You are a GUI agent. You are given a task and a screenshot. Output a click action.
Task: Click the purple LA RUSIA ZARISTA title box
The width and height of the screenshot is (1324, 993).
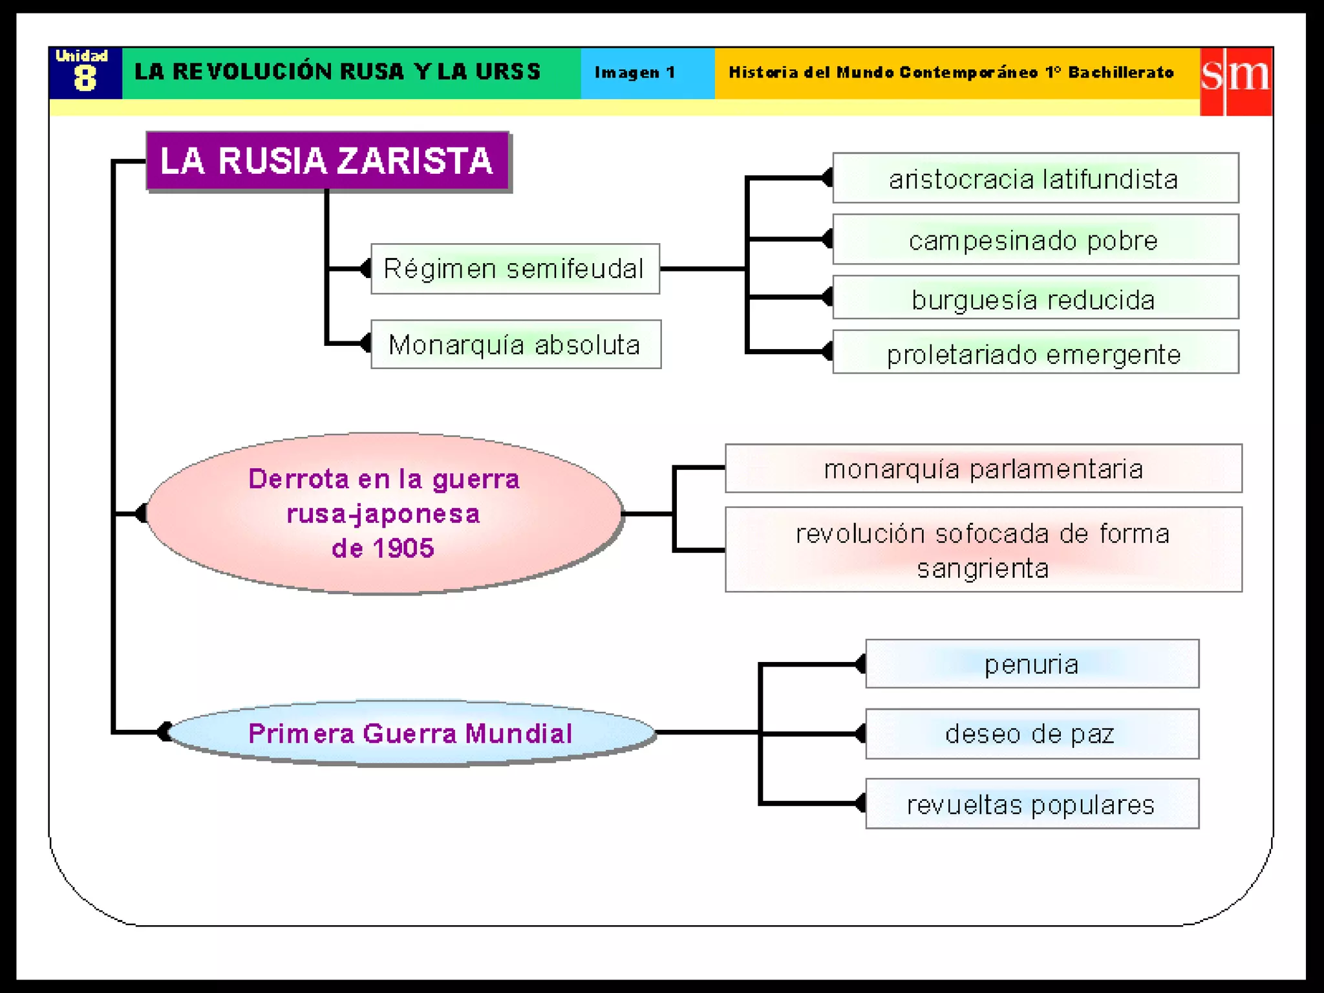[327, 161]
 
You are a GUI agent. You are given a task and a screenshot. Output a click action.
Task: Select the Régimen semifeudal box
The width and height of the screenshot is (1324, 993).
[515, 269]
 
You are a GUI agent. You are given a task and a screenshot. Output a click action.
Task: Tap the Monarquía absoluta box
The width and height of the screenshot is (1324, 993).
[515, 345]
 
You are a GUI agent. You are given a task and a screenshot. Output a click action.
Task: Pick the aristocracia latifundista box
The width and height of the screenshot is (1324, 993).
[1035, 178]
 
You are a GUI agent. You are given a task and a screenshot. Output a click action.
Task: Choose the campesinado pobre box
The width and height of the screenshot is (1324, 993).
[1035, 240]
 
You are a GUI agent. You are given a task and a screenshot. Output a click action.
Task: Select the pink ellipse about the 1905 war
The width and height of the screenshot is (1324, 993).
[384, 513]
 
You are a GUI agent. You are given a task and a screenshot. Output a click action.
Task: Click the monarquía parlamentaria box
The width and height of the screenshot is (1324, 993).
[983, 469]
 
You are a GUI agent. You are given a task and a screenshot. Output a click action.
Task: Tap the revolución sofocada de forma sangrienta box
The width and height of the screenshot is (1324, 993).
[983, 550]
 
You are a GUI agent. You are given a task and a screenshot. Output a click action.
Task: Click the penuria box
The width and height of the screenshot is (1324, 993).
[1032, 664]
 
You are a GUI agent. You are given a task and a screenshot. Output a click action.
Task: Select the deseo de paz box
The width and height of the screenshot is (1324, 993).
[1032, 734]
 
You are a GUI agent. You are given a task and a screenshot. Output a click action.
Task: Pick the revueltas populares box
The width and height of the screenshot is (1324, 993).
[1032, 804]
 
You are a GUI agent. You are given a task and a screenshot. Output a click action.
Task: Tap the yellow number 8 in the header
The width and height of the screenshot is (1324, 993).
[85, 79]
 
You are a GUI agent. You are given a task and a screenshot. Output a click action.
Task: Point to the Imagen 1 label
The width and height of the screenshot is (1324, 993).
[635, 72]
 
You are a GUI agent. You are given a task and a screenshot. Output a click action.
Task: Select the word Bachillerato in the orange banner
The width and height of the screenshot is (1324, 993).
[1120, 72]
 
